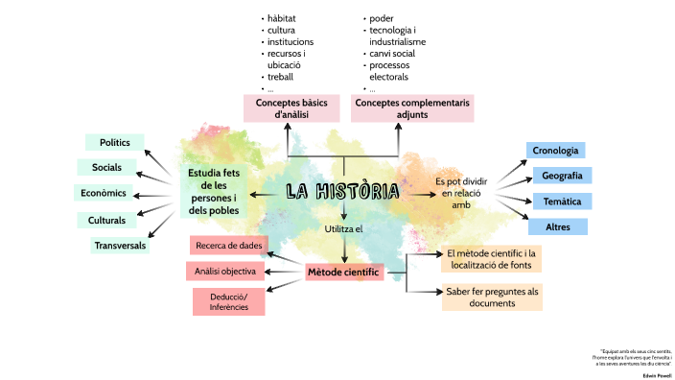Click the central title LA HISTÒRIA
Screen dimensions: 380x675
pyautogui.click(x=342, y=192)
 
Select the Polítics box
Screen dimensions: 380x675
pyautogui.click(x=114, y=142)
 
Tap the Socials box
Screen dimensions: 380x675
pyautogui.click(x=106, y=168)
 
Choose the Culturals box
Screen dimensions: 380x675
pyautogui.click(x=106, y=220)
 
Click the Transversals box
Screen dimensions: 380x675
pyautogui.click(x=120, y=246)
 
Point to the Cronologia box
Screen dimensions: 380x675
pyautogui.click(x=555, y=151)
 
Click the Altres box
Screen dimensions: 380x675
pyautogui.click(x=557, y=227)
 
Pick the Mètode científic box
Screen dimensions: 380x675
pyautogui.click(x=343, y=273)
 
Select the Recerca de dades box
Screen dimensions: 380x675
pyautogui.click(x=229, y=246)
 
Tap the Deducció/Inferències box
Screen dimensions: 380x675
pyautogui.click(x=228, y=301)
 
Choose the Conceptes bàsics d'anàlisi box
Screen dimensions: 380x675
pyautogui.click(x=291, y=107)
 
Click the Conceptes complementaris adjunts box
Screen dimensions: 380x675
pyautogui.click(x=412, y=107)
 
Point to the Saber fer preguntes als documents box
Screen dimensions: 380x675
pyautogui.click(x=492, y=297)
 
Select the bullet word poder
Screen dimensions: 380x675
pyautogui.click(x=382, y=18)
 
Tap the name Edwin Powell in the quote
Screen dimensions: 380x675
pyautogui.click(x=656, y=374)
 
